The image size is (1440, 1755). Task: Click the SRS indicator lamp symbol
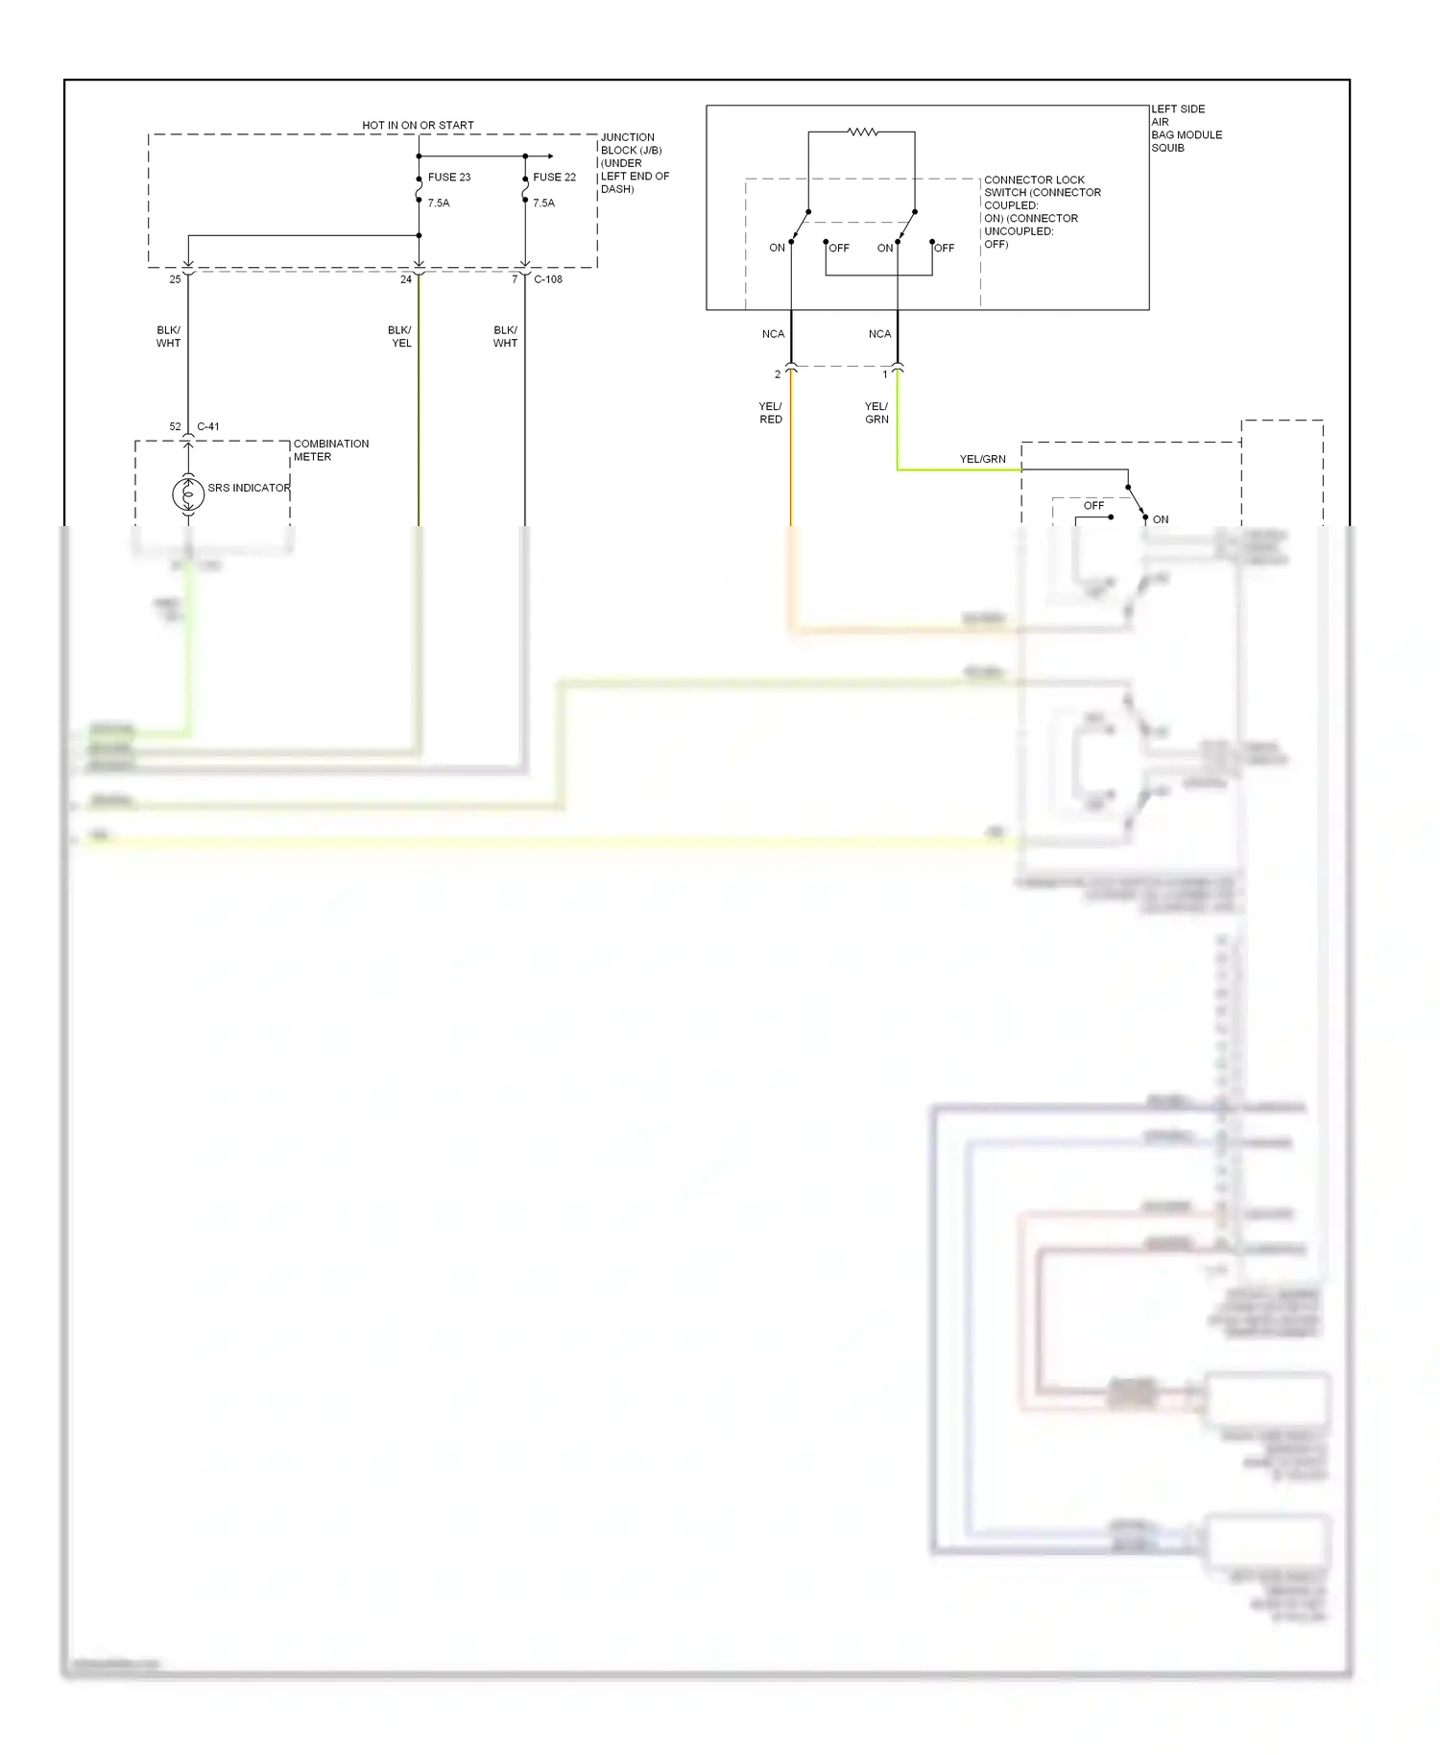tap(188, 493)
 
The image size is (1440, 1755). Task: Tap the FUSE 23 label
tap(448, 178)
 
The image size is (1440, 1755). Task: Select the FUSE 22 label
tap(554, 178)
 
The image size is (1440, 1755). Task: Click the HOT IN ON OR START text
tap(418, 126)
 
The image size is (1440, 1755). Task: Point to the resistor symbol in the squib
tap(862, 132)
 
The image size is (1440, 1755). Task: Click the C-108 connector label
tap(548, 279)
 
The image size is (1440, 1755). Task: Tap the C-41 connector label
tap(208, 426)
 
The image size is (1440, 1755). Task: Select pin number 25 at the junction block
tap(175, 279)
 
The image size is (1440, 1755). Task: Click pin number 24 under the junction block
tap(406, 279)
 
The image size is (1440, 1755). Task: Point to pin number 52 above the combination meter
tap(175, 426)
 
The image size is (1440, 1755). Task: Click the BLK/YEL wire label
tap(400, 337)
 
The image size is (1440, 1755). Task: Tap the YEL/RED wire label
tap(771, 413)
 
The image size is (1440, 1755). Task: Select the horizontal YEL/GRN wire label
tap(982, 460)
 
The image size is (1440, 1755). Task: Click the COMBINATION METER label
tap(330, 450)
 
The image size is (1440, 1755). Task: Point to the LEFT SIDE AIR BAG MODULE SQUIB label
tap(1186, 129)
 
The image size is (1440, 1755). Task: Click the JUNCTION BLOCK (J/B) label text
tap(631, 144)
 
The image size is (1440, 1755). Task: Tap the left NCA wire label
tap(773, 334)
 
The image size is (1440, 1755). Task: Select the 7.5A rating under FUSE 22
tap(543, 204)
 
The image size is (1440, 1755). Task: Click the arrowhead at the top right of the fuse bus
tap(550, 156)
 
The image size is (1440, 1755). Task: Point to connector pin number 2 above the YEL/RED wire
tap(778, 374)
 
